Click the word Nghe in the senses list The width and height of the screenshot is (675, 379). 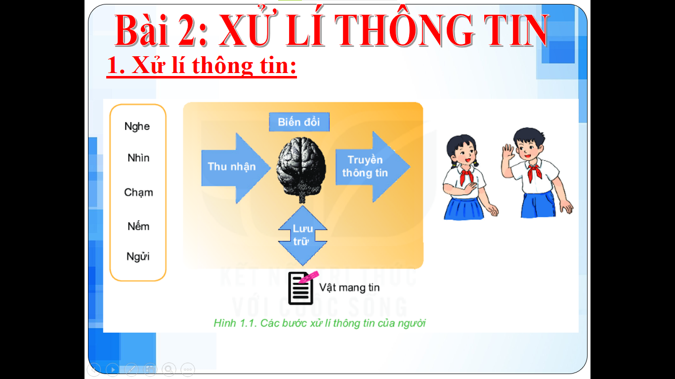tap(137, 126)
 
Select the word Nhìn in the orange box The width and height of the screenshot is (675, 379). tap(139, 158)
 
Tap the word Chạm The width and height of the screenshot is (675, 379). tap(139, 192)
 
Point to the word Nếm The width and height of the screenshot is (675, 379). tap(139, 226)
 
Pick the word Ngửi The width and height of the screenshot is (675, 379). tap(138, 257)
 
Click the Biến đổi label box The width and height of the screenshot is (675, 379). tap(299, 122)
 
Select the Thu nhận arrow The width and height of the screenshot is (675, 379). tap(236, 168)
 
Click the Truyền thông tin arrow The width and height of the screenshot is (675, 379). tap(373, 166)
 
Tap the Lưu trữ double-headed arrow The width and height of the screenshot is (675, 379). tap(302, 235)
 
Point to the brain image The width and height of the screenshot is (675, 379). tap(301, 169)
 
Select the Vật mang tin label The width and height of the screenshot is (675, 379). tap(349, 288)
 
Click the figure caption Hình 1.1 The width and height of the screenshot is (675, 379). tap(319, 323)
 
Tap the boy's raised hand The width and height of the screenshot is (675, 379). tap(508, 152)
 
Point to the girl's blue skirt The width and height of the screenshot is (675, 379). tap(464, 208)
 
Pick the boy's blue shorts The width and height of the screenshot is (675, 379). tap(538, 205)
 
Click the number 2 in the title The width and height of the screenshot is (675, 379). tap(188, 31)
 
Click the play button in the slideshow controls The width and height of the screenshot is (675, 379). tap(113, 369)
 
